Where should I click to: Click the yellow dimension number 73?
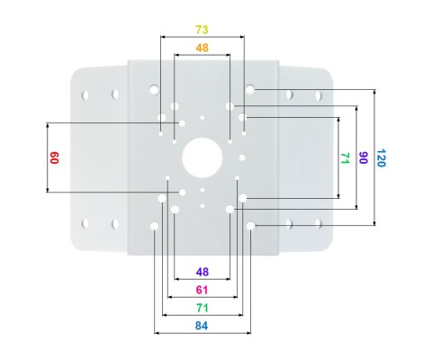click(x=202, y=30)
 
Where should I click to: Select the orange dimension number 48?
click(x=202, y=48)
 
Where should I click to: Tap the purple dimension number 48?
click(x=202, y=272)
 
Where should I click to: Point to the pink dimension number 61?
click(x=202, y=290)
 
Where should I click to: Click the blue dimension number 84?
click(x=202, y=326)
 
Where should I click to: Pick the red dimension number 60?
click(x=54, y=157)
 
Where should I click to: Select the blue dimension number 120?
click(x=381, y=157)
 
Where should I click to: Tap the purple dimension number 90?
click(x=363, y=157)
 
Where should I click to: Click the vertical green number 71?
click(x=346, y=158)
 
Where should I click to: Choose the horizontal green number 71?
click(x=202, y=308)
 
